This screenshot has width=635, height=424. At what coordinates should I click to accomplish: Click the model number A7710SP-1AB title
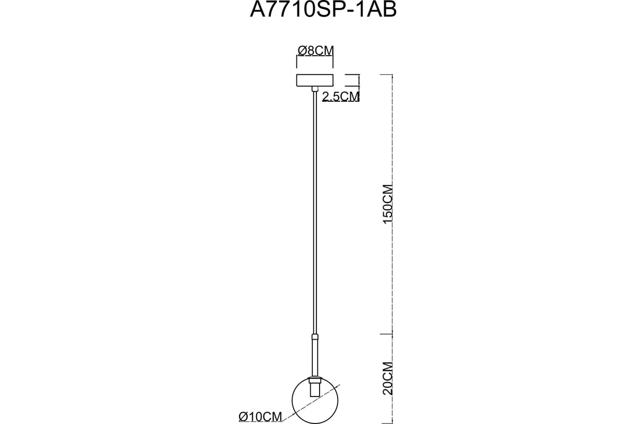(x=323, y=10)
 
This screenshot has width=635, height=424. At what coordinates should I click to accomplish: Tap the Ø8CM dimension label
(x=315, y=51)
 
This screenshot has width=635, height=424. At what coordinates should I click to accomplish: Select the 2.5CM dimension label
(x=341, y=96)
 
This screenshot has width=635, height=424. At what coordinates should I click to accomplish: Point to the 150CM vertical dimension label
(x=387, y=204)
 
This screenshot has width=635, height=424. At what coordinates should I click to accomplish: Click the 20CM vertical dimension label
(x=387, y=378)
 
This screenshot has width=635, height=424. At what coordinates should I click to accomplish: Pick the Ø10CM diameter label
(x=260, y=417)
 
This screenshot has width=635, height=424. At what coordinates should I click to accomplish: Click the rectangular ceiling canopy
(x=315, y=80)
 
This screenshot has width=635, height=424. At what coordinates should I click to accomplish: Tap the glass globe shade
(x=315, y=401)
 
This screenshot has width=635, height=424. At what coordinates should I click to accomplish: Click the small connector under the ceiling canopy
(x=315, y=89)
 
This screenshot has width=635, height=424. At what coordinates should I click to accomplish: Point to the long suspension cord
(x=315, y=213)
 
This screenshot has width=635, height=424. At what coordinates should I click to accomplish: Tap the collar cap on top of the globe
(x=315, y=380)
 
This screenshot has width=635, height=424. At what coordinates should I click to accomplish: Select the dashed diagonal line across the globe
(x=311, y=404)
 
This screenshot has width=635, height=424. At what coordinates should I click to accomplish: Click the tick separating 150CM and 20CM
(x=386, y=334)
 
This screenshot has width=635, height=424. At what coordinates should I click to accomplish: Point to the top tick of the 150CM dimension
(x=386, y=74)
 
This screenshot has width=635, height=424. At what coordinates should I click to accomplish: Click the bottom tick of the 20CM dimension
(x=386, y=423)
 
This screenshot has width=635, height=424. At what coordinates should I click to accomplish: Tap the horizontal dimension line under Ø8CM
(x=315, y=56)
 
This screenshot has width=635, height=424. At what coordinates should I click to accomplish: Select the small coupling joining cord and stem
(x=315, y=338)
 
